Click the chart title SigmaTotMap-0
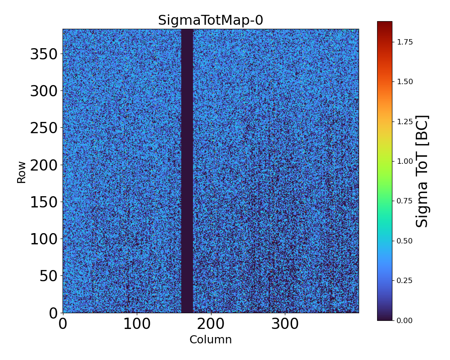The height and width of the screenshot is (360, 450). [210, 20]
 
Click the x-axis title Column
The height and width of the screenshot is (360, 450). [210, 340]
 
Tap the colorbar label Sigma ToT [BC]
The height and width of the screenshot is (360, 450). [422, 171]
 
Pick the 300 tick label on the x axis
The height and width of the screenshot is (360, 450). [285, 324]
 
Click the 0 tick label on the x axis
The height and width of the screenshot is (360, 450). [63, 324]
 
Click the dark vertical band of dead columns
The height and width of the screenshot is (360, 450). [187, 171]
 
